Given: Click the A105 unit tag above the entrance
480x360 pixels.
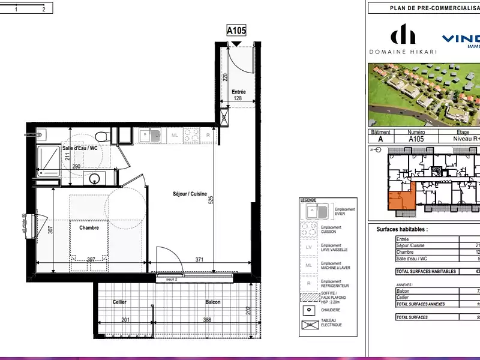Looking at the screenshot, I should [236, 31].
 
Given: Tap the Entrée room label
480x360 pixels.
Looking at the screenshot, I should [239, 92].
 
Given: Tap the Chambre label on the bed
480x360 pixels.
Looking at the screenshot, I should [88, 227].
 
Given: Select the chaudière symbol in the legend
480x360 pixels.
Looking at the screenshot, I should [309, 310].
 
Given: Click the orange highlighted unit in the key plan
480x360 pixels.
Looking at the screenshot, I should [401, 199].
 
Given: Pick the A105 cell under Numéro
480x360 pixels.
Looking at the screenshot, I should [416, 139].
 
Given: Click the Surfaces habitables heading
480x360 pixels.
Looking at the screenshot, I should [402, 229].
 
